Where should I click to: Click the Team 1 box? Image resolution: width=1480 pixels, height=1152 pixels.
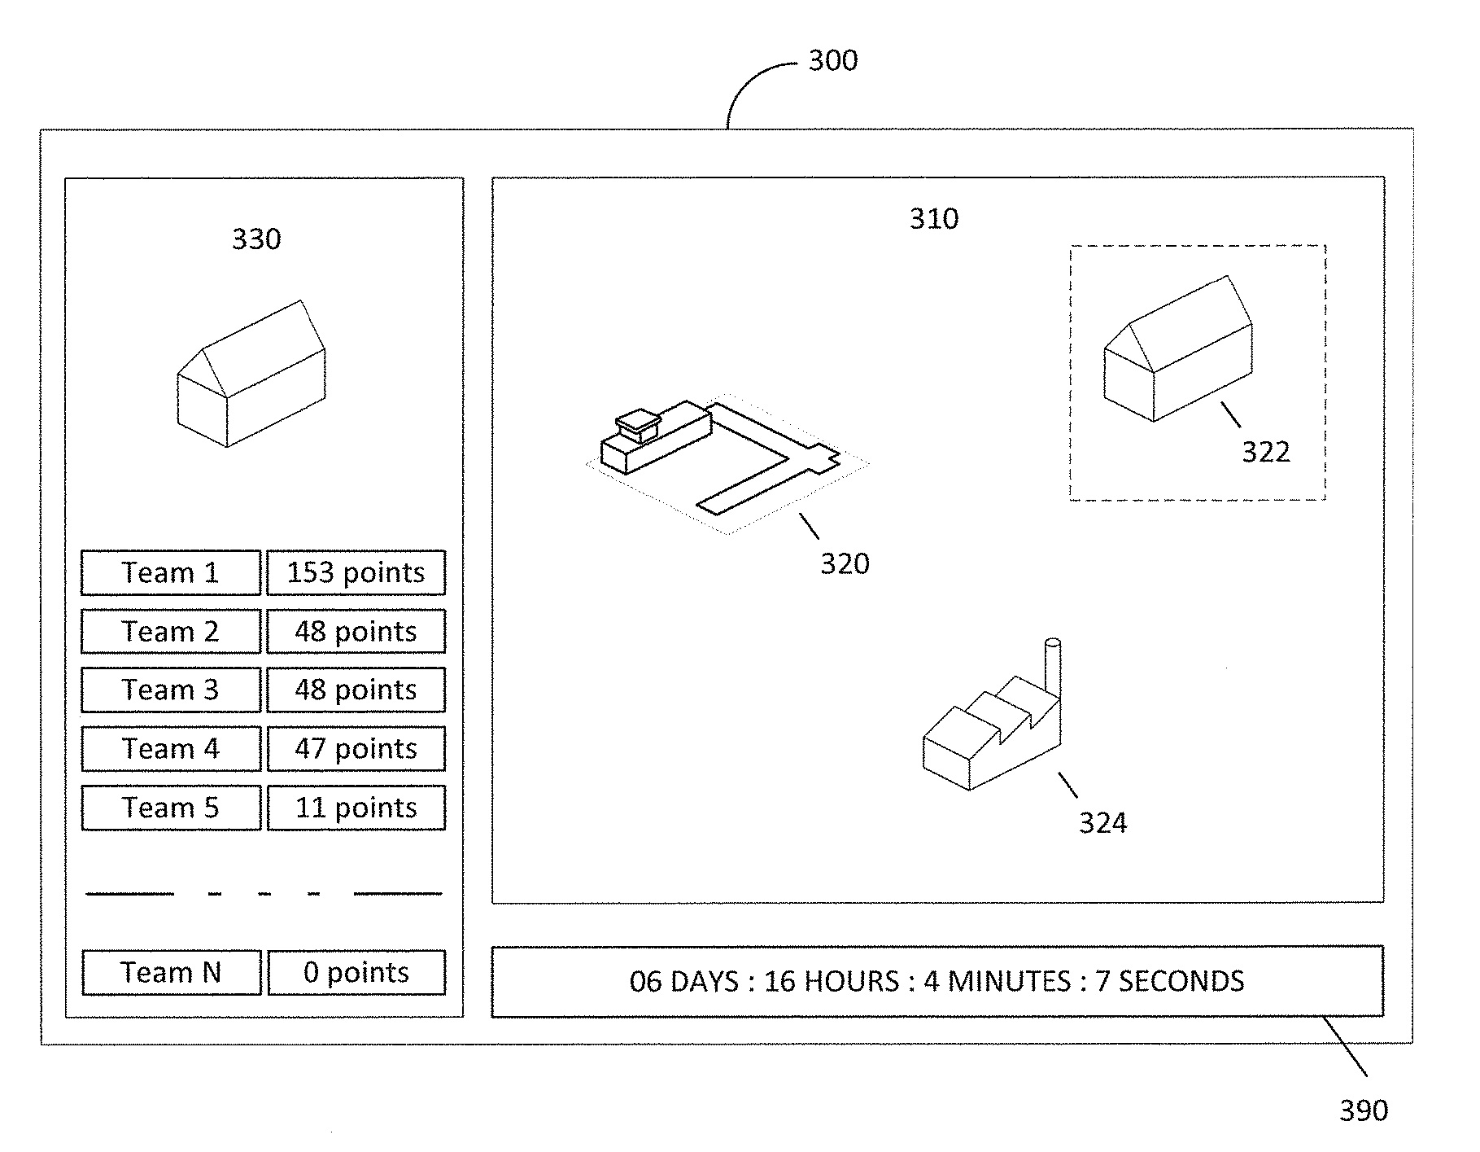171,572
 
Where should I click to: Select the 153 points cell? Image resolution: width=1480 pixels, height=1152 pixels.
356,572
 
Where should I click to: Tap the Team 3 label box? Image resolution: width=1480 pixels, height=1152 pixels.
171,690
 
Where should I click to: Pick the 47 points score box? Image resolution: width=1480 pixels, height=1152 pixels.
356,748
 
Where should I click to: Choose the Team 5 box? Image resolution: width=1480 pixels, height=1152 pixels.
171,807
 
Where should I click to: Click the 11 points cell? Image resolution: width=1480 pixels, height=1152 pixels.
356,807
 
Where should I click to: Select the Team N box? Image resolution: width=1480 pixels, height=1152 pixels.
171,972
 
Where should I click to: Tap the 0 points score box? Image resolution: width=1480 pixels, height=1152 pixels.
356,972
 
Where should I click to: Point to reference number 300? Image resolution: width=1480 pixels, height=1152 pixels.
832,60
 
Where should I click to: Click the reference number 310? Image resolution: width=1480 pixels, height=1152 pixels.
933,218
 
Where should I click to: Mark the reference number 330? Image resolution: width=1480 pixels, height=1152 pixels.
256,239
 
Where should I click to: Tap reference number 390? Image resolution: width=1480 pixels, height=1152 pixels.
1363,1110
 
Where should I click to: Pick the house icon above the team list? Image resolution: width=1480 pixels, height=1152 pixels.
251,375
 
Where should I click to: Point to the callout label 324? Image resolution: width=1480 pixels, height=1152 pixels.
1102,823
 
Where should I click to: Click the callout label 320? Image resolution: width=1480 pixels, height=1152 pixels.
845,563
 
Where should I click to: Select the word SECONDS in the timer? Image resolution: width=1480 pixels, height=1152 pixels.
1181,981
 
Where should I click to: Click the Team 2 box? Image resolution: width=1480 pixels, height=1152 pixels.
171,631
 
